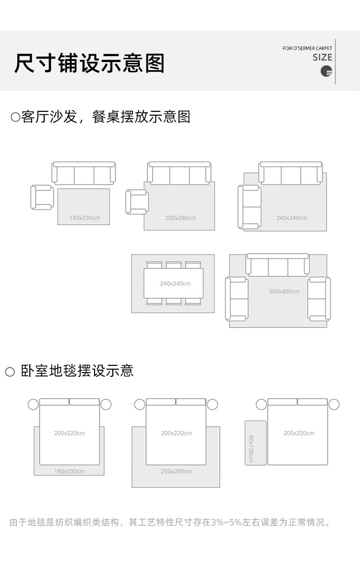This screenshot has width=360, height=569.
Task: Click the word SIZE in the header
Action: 322,57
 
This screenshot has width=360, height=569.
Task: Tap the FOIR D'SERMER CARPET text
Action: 307,48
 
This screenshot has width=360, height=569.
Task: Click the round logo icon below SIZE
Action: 326,72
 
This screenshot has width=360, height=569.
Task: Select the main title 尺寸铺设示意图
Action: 89,63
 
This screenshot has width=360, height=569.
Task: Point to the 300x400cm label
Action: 284,291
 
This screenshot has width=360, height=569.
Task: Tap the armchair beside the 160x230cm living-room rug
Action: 42,197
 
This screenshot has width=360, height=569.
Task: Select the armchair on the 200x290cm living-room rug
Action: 136,202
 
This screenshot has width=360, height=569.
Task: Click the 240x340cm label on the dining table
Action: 175,283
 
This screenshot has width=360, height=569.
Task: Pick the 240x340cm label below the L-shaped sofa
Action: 291,218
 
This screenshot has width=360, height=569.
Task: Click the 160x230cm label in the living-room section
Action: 84,218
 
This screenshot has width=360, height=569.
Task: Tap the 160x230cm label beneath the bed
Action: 69,471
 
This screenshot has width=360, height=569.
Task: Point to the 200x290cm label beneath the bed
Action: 176,471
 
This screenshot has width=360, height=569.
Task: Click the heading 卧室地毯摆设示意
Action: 77,371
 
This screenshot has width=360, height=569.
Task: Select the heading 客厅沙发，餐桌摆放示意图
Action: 106,117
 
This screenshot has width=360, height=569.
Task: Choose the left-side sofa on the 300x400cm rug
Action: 237,299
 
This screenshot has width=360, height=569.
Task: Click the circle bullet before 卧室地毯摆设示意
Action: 10,372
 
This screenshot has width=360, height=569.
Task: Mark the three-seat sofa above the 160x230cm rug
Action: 84,173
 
